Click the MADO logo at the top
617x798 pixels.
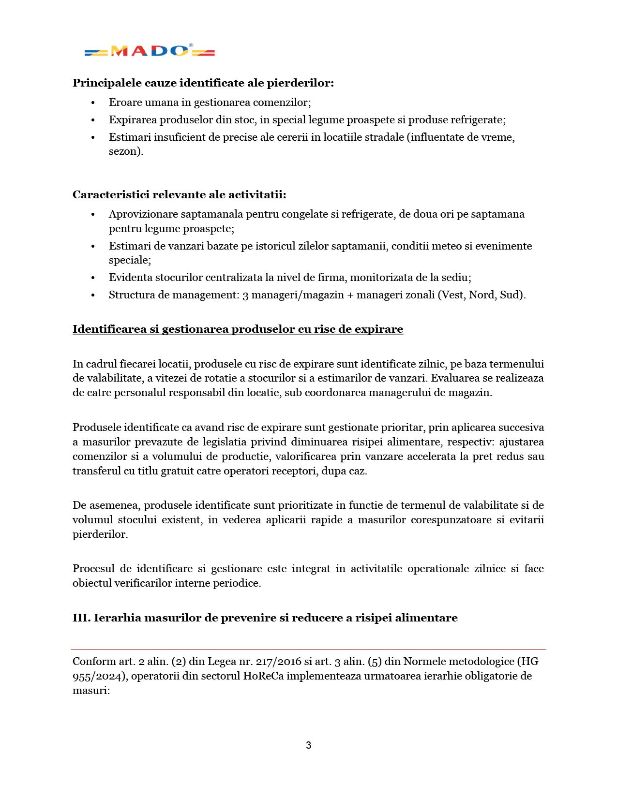(x=150, y=51)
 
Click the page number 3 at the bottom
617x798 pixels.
(x=308, y=745)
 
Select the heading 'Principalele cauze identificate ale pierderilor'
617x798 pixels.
(x=203, y=83)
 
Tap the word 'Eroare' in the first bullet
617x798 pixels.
(x=124, y=103)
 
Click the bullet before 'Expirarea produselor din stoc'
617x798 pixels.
(x=93, y=120)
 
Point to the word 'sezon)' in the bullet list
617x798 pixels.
(x=126, y=151)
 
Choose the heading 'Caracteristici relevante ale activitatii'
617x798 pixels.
(x=179, y=194)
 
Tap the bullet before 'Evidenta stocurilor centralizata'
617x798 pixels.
(x=93, y=278)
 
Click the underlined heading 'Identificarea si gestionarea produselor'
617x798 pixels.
(x=238, y=329)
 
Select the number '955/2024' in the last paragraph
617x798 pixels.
(x=99, y=676)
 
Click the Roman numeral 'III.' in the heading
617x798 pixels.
(x=81, y=618)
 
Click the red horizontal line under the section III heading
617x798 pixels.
(x=308, y=649)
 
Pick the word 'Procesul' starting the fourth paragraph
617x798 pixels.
(x=93, y=568)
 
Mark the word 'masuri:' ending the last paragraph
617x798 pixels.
(x=91, y=690)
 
